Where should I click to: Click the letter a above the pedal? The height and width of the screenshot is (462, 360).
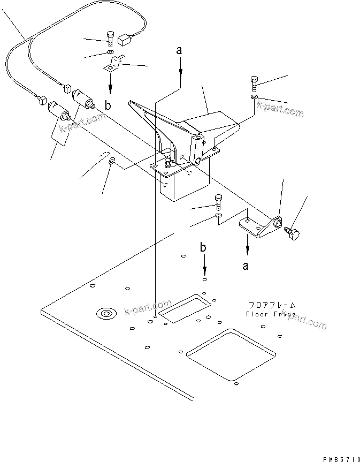(180, 51)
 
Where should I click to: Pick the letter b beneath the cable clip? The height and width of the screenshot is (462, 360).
(109, 105)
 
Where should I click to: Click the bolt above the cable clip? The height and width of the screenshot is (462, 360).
(110, 39)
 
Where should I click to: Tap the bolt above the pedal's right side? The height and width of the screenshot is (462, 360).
(254, 83)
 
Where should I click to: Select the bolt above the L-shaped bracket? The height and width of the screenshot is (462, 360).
(218, 202)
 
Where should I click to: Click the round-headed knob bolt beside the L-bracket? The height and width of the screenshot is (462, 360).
(294, 234)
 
